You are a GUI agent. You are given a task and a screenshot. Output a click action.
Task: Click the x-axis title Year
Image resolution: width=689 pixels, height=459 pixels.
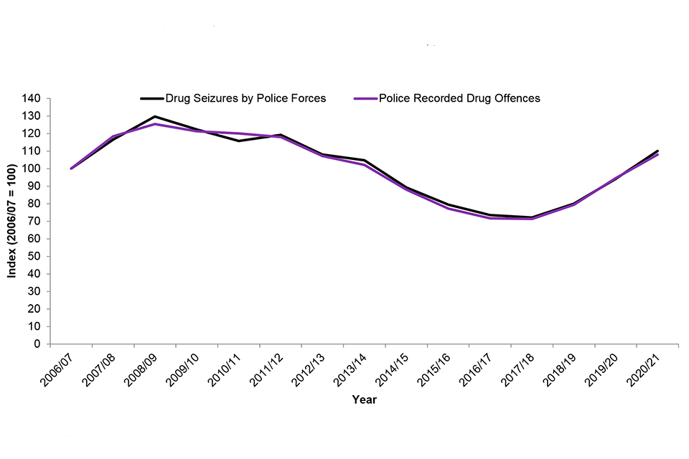click(x=364, y=400)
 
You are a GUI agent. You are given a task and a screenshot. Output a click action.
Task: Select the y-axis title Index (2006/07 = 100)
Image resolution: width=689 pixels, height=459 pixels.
click(x=12, y=220)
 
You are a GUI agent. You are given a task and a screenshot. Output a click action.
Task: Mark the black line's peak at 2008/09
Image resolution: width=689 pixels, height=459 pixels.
click(x=155, y=116)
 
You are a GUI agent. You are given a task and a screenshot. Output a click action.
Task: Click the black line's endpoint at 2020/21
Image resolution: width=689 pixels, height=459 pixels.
click(x=657, y=151)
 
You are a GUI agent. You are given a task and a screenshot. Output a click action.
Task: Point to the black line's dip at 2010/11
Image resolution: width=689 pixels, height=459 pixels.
click(x=239, y=141)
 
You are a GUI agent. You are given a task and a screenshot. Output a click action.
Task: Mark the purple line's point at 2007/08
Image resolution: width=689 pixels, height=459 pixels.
click(x=113, y=136)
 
